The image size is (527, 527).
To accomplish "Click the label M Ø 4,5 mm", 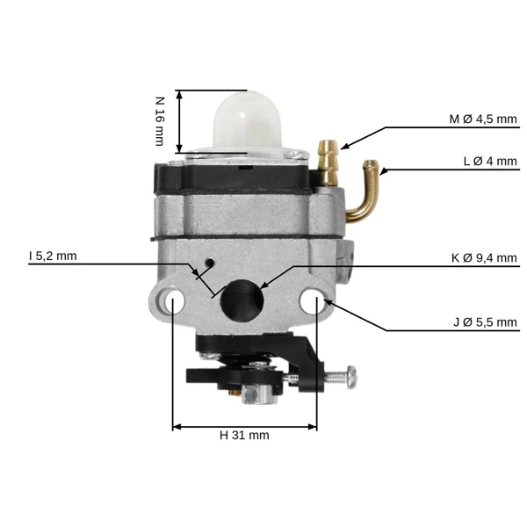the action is (x=483, y=119).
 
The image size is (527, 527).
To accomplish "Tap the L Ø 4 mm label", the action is (x=490, y=162).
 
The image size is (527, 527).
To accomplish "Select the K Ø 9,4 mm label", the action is (x=484, y=257).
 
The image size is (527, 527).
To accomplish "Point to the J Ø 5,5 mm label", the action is (x=485, y=322).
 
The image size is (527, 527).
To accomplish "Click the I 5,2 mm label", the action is (x=53, y=256).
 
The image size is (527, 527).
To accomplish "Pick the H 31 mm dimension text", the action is (x=244, y=436).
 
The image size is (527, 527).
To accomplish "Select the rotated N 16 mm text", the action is (x=160, y=121).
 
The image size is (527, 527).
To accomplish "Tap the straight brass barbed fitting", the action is (x=328, y=163).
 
